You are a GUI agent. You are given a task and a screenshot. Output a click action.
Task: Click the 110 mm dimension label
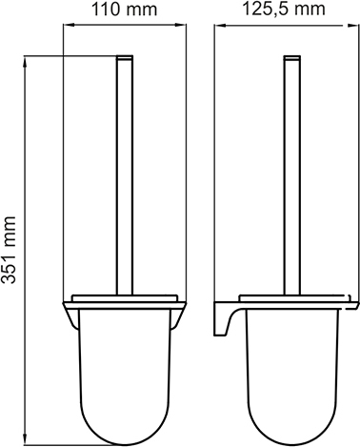(124, 10)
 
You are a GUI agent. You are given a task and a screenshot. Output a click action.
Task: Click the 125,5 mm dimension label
(284, 10)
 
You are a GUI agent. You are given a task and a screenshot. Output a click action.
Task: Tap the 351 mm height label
(9, 250)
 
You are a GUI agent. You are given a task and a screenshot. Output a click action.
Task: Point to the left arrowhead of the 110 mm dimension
(69, 25)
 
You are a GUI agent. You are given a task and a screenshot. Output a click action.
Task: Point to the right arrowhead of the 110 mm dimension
(182, 25)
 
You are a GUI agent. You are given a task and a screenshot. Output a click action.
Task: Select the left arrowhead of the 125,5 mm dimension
(219, 25)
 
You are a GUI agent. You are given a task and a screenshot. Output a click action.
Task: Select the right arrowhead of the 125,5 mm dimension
(350, 25)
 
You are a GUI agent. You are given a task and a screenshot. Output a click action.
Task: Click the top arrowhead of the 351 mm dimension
(25, 61)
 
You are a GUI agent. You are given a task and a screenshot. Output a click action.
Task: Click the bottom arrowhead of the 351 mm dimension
(25, 439)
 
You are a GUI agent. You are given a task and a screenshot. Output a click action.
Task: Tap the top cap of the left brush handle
(125, 57)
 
